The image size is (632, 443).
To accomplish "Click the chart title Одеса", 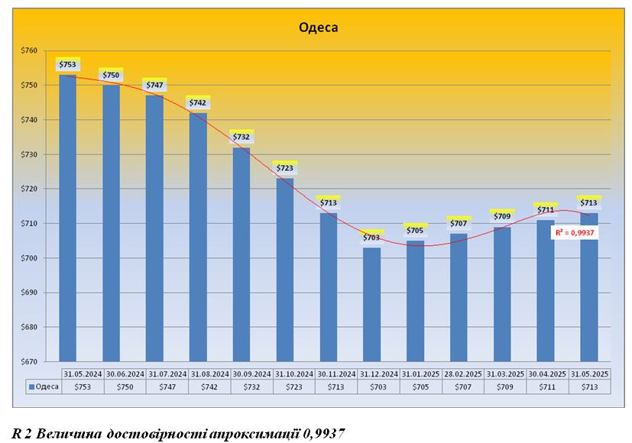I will click(x=318, y=28).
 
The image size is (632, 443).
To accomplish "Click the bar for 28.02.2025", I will click(x=458, y=297).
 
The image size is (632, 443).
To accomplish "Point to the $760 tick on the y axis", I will click(x=28, y=50).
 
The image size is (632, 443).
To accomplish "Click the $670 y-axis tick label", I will click(x=28, y=362).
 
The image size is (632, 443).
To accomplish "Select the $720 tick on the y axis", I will click(x=28, y=189).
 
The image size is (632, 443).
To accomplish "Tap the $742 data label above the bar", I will click(x=197, y=102).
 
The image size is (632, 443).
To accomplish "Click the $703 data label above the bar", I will click(x=371, y=238).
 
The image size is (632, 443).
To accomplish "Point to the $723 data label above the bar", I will click(x=284, y=168).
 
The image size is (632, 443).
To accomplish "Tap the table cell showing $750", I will click(x=123, y=387).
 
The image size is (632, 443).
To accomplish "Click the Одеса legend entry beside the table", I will click(x=44, y=387).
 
